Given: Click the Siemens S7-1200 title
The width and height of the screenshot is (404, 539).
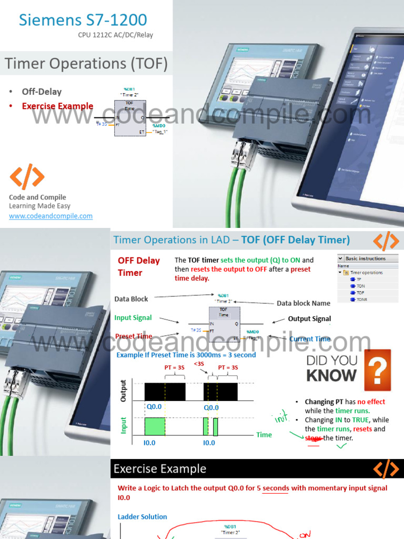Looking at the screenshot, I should (x=83, y=21).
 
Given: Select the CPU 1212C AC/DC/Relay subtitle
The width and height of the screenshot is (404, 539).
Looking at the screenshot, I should (x=116, y=36).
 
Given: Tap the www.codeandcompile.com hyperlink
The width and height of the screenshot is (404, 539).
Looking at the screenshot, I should (x=50, y=216).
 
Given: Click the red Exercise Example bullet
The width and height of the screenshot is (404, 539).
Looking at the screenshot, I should (x=57, y=106).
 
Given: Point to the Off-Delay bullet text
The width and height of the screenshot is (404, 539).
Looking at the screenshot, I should (x=42, y=92).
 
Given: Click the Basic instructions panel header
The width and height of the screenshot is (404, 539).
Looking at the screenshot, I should (x=365, y=258).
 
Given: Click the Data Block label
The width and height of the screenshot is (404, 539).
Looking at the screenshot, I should (x=131, y=299).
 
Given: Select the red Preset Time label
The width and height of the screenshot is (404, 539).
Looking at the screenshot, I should (x=133, y=336).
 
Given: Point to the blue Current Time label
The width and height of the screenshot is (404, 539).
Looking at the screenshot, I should (x=309, y=339).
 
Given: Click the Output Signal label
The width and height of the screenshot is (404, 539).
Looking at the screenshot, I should (x=309, y=318).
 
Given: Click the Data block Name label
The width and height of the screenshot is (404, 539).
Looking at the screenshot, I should (x=304, y=303).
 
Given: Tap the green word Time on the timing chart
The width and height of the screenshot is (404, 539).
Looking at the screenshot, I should (x=264, y=435).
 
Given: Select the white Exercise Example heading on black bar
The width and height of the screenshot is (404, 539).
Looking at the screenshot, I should (x=160, y=468).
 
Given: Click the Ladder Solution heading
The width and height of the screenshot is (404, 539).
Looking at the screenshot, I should (x=142, y=517).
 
